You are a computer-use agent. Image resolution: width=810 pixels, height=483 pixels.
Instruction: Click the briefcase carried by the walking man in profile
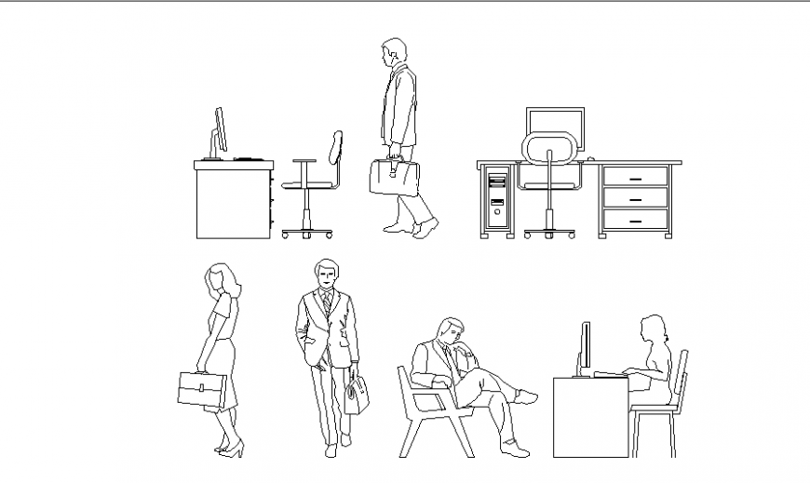pos(394,177)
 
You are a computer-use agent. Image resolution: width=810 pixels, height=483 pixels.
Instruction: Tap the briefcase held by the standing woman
pos(202,389)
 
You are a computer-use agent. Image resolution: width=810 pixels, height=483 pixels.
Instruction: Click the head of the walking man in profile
pos(394,51)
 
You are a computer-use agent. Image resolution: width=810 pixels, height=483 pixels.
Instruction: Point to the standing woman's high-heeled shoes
pos(230,449)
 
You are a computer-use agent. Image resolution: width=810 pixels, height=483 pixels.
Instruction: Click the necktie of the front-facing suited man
pos(327,303)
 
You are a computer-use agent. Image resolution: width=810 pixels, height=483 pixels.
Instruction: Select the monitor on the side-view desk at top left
pos(221,130)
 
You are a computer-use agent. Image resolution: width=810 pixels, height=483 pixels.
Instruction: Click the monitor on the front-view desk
pos(556,127)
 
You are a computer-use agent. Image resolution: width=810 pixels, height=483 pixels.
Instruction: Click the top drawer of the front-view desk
pos(635,176)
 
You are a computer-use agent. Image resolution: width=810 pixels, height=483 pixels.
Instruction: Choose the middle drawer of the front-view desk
pos(635,198)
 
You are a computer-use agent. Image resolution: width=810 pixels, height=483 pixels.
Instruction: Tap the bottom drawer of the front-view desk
pos(635,221)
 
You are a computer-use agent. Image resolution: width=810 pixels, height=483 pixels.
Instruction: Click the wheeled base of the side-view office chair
pos(306,233)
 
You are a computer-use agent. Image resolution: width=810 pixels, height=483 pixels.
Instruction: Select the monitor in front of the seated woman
pos(586,346)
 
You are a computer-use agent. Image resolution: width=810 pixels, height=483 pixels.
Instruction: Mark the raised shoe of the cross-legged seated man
pos(527,398)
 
